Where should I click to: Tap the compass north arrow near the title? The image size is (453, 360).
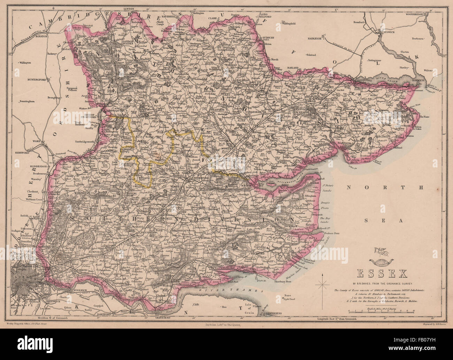pos(324,282)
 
